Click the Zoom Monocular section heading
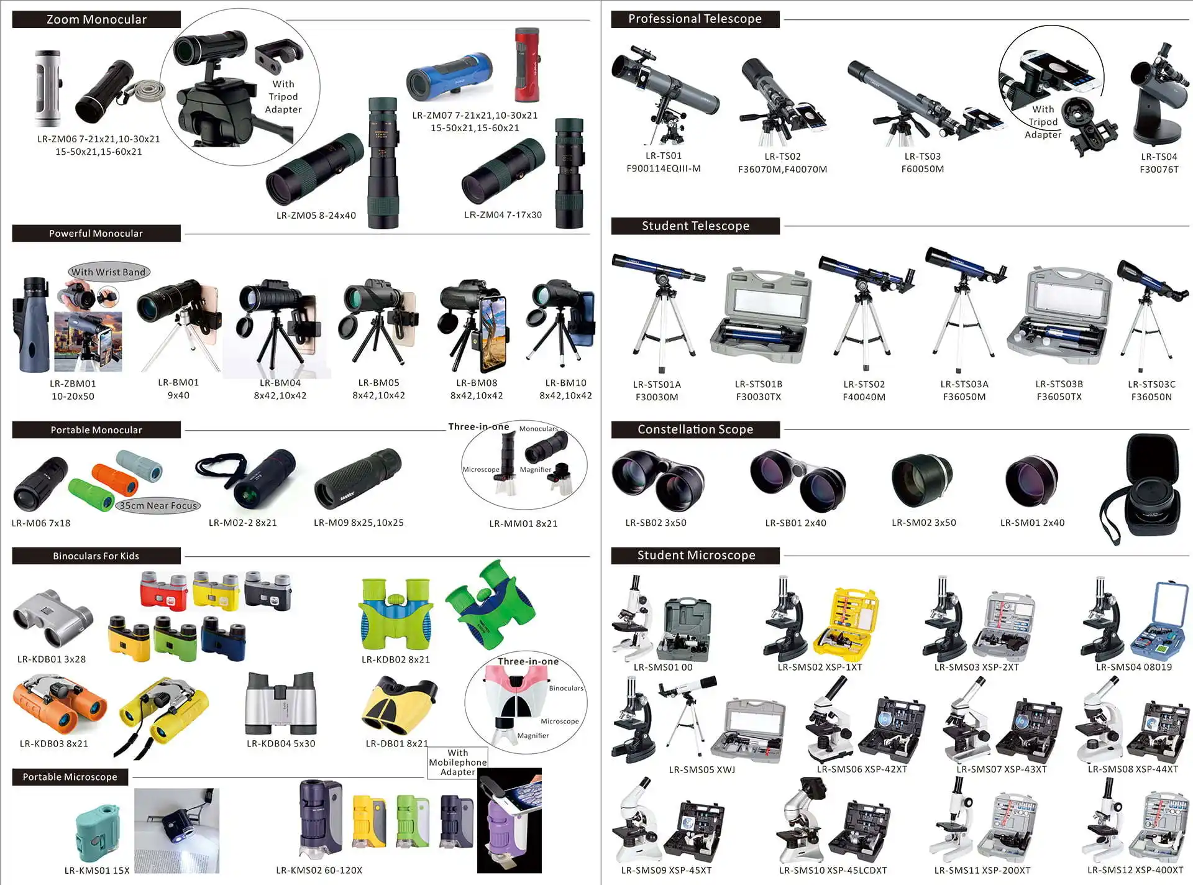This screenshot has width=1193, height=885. (x=96, y=19)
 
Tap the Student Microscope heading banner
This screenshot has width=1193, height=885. (x=695, y=555)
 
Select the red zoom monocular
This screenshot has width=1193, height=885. (x=527, y=65)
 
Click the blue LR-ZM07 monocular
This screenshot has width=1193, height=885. (x=449, y=78)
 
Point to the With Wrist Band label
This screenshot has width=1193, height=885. (x=109, y=272)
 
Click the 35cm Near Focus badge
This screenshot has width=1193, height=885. (x=158, y=505)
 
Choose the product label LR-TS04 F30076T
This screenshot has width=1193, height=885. (x=1159, y=163)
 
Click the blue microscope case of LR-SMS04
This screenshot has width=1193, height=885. (x=1161, y=621)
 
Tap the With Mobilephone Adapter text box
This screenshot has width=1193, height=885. (x=457, y=763)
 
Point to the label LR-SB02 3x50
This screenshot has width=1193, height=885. (x=656, y=523)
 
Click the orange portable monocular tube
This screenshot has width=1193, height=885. (x=115, y=479)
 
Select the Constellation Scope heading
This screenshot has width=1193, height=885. (x=695, y=429)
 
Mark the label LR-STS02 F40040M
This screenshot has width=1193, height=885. (x=864, y=390)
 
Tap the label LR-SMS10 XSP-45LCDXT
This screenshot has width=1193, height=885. (x=833, y=870)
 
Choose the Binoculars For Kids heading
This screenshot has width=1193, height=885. (x=96, y=556)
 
